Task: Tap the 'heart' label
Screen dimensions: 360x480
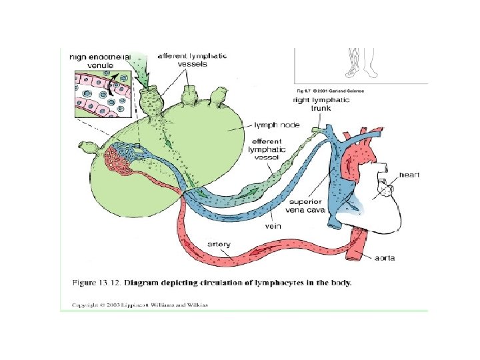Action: [x=409, y=174]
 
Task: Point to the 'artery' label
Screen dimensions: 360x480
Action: [x=219, y=244]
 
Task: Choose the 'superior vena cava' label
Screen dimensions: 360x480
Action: [x=305, y=206]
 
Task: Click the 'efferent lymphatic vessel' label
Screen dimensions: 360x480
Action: [x=268, y=151]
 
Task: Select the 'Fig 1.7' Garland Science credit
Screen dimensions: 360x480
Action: [x=330, y=91]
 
